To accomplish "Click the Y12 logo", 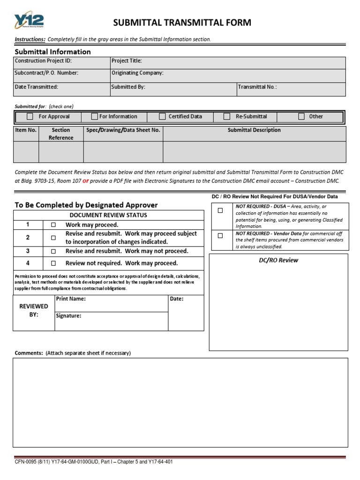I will (29, 21).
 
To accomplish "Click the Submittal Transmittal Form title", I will (181, 22).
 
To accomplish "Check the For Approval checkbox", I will (30, 117).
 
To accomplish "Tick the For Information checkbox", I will (94, 116).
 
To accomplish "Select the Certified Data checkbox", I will (163, 117).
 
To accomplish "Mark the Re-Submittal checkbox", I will (227, 117).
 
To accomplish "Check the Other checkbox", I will (301, 117).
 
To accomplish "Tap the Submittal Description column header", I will (254, 130).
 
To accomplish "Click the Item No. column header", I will (26, 130).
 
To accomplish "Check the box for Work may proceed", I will (53, 225).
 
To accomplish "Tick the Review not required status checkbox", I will (53, 263).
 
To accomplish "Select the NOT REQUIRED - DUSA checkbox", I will (220, 211).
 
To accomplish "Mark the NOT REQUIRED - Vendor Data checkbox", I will (220, 236).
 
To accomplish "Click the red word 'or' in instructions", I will (86, 180).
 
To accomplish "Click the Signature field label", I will (69, 316).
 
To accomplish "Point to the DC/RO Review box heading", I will (278, 260).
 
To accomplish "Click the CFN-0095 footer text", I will (94, 462).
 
